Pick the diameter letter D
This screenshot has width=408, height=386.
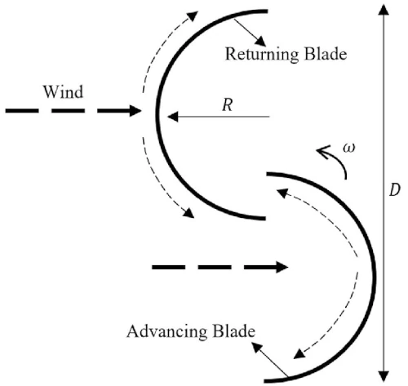pos(395,190)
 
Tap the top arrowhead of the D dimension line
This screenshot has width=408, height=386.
pos(383,7)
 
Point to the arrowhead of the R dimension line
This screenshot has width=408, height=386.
pos(172,117)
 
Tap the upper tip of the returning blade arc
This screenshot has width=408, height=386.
pos(266,11)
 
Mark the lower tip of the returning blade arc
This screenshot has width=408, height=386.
pos(266,217)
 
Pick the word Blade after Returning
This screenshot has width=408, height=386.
pos(325,55)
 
